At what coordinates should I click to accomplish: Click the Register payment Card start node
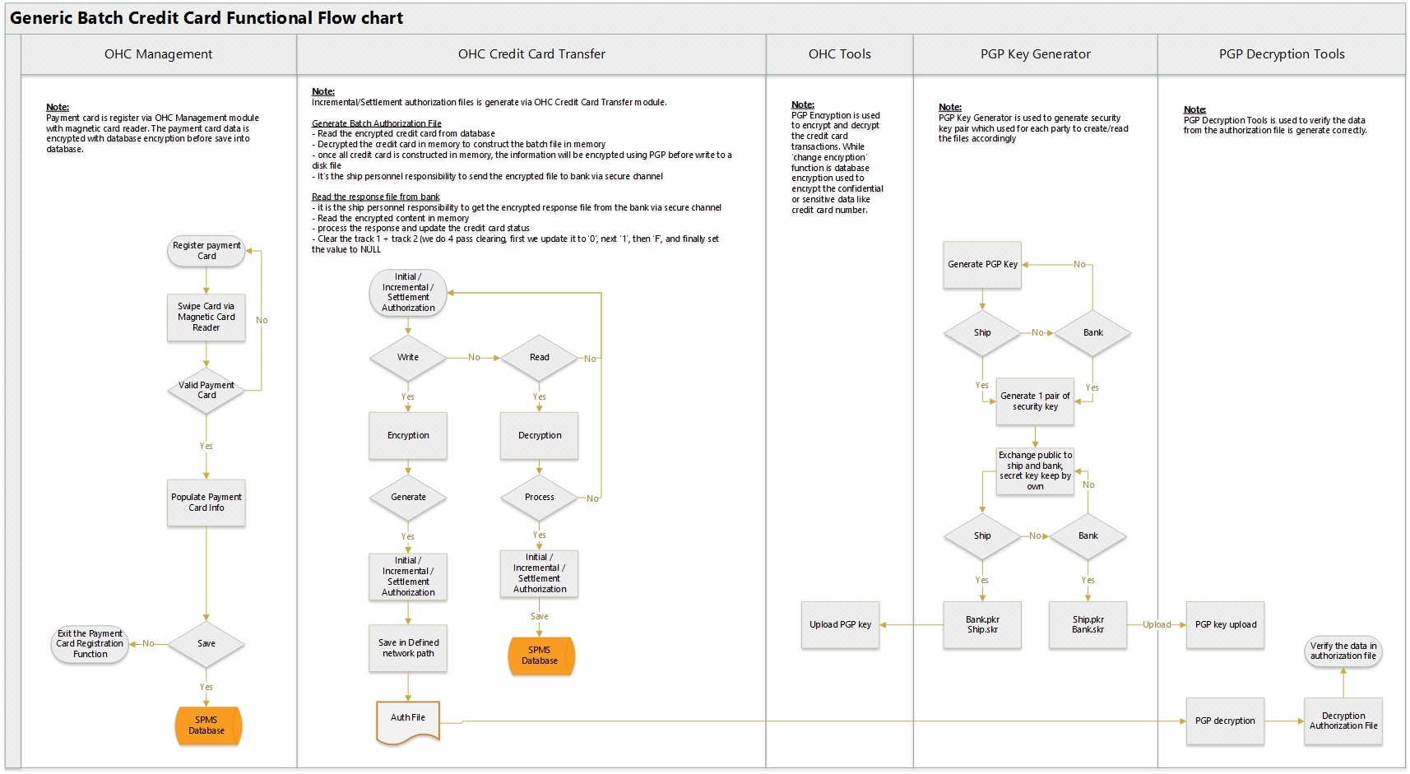206,251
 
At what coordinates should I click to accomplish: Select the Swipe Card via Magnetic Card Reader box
206,317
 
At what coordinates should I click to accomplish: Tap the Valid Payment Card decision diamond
206,391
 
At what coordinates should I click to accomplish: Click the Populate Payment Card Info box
206,503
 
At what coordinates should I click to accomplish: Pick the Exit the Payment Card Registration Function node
90,644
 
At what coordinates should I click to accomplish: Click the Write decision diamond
408,358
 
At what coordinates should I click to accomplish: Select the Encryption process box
408,436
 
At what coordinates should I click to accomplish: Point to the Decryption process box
540,436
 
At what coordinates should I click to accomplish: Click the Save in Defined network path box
408,648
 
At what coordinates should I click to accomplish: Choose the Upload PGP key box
840,625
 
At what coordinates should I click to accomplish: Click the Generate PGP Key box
982,265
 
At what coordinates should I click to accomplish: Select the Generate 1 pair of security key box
1035,401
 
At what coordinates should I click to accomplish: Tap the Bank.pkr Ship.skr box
982,625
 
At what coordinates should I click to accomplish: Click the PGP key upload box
1225,625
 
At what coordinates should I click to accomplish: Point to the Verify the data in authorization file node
1343,651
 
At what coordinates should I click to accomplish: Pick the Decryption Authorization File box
1343,721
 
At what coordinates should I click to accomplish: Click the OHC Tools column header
839,54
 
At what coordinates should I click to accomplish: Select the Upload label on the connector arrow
1157,625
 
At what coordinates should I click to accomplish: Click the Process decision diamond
540,498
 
